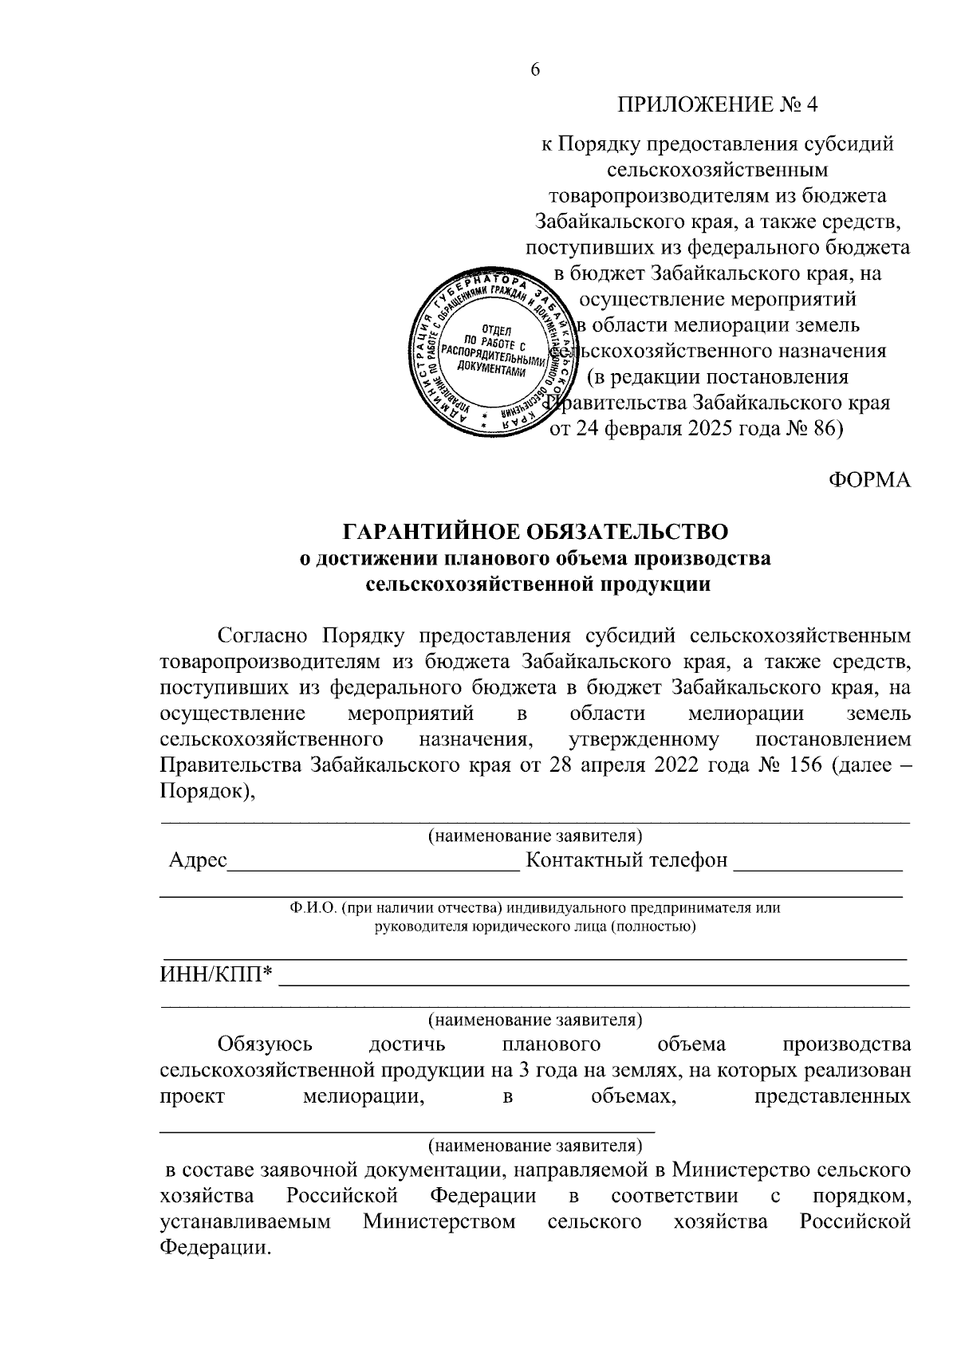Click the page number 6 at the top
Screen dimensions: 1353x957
[x=535, y=70]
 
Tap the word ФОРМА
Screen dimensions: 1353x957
[x=869, y=480]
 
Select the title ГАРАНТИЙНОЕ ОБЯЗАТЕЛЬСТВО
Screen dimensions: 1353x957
[x=535, y=531]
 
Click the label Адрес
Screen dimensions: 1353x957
[x=198, y=860]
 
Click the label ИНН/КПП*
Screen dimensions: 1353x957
[x=216, y=973]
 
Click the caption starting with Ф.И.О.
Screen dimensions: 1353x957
[x=535, y=908]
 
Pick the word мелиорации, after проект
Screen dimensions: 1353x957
[x=362, y=1096]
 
